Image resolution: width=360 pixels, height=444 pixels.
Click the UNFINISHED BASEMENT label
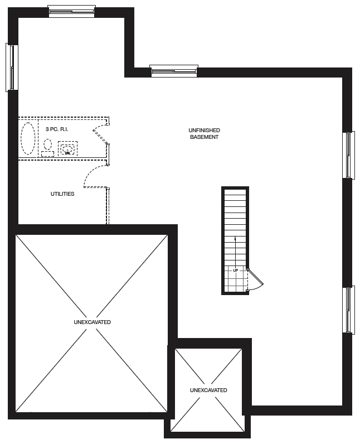204,133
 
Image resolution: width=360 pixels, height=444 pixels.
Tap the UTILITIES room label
62,194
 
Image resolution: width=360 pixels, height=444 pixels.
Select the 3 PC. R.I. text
57,129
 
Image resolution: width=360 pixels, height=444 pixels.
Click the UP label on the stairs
236,271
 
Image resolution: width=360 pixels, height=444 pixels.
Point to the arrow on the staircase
235,252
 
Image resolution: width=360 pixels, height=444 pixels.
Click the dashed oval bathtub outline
28,138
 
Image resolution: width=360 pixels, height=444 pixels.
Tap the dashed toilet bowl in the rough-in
48,144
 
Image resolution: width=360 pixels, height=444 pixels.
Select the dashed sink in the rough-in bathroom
67,149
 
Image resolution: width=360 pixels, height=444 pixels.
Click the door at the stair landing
256,281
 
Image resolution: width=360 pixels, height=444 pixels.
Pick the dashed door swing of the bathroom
100,134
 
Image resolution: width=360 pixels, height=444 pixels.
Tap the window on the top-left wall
71,11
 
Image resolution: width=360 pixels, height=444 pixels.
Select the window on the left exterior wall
12,67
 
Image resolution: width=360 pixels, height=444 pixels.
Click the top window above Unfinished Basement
174,71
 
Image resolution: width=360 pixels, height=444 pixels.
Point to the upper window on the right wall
349,155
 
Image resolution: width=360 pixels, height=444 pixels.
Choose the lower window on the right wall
349,310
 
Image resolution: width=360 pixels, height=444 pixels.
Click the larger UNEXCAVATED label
92,322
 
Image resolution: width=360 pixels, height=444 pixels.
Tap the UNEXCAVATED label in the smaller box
208,390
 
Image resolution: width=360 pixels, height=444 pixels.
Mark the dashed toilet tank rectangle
48,154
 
